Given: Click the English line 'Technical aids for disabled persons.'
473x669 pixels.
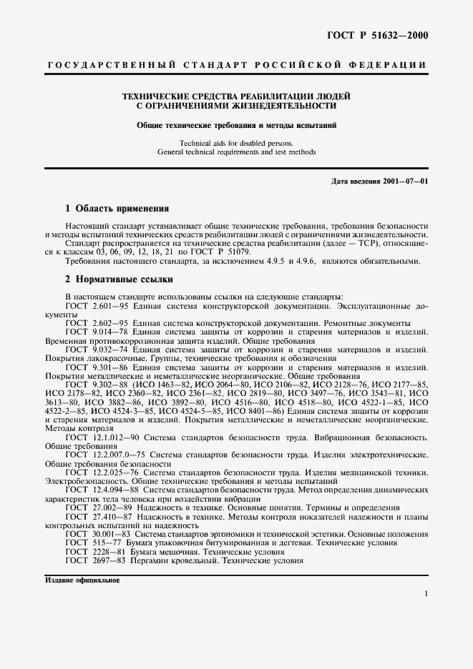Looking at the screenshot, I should click(x=236, y=142).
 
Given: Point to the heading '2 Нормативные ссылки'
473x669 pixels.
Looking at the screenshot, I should click(x=118, y=279).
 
